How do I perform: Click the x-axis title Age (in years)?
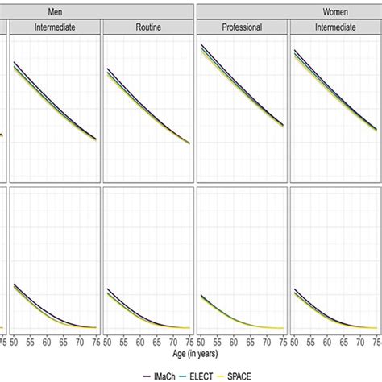tap(191, 354)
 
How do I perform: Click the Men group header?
tap(100, 10)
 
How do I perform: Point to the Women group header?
tap(289, 10)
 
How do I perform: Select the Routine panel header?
tap(147, 27)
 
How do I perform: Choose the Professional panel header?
tap(242, 27)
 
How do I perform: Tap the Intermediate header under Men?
tap(54, 27)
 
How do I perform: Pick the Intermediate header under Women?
tap(334, 27)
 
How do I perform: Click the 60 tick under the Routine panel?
tap(142, 342)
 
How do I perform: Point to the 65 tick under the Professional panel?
tap(252, 342)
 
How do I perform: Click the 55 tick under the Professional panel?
tap(219, 342)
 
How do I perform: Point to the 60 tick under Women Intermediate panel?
tap(330, 342)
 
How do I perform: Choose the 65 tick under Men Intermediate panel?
tap(65, 342)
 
